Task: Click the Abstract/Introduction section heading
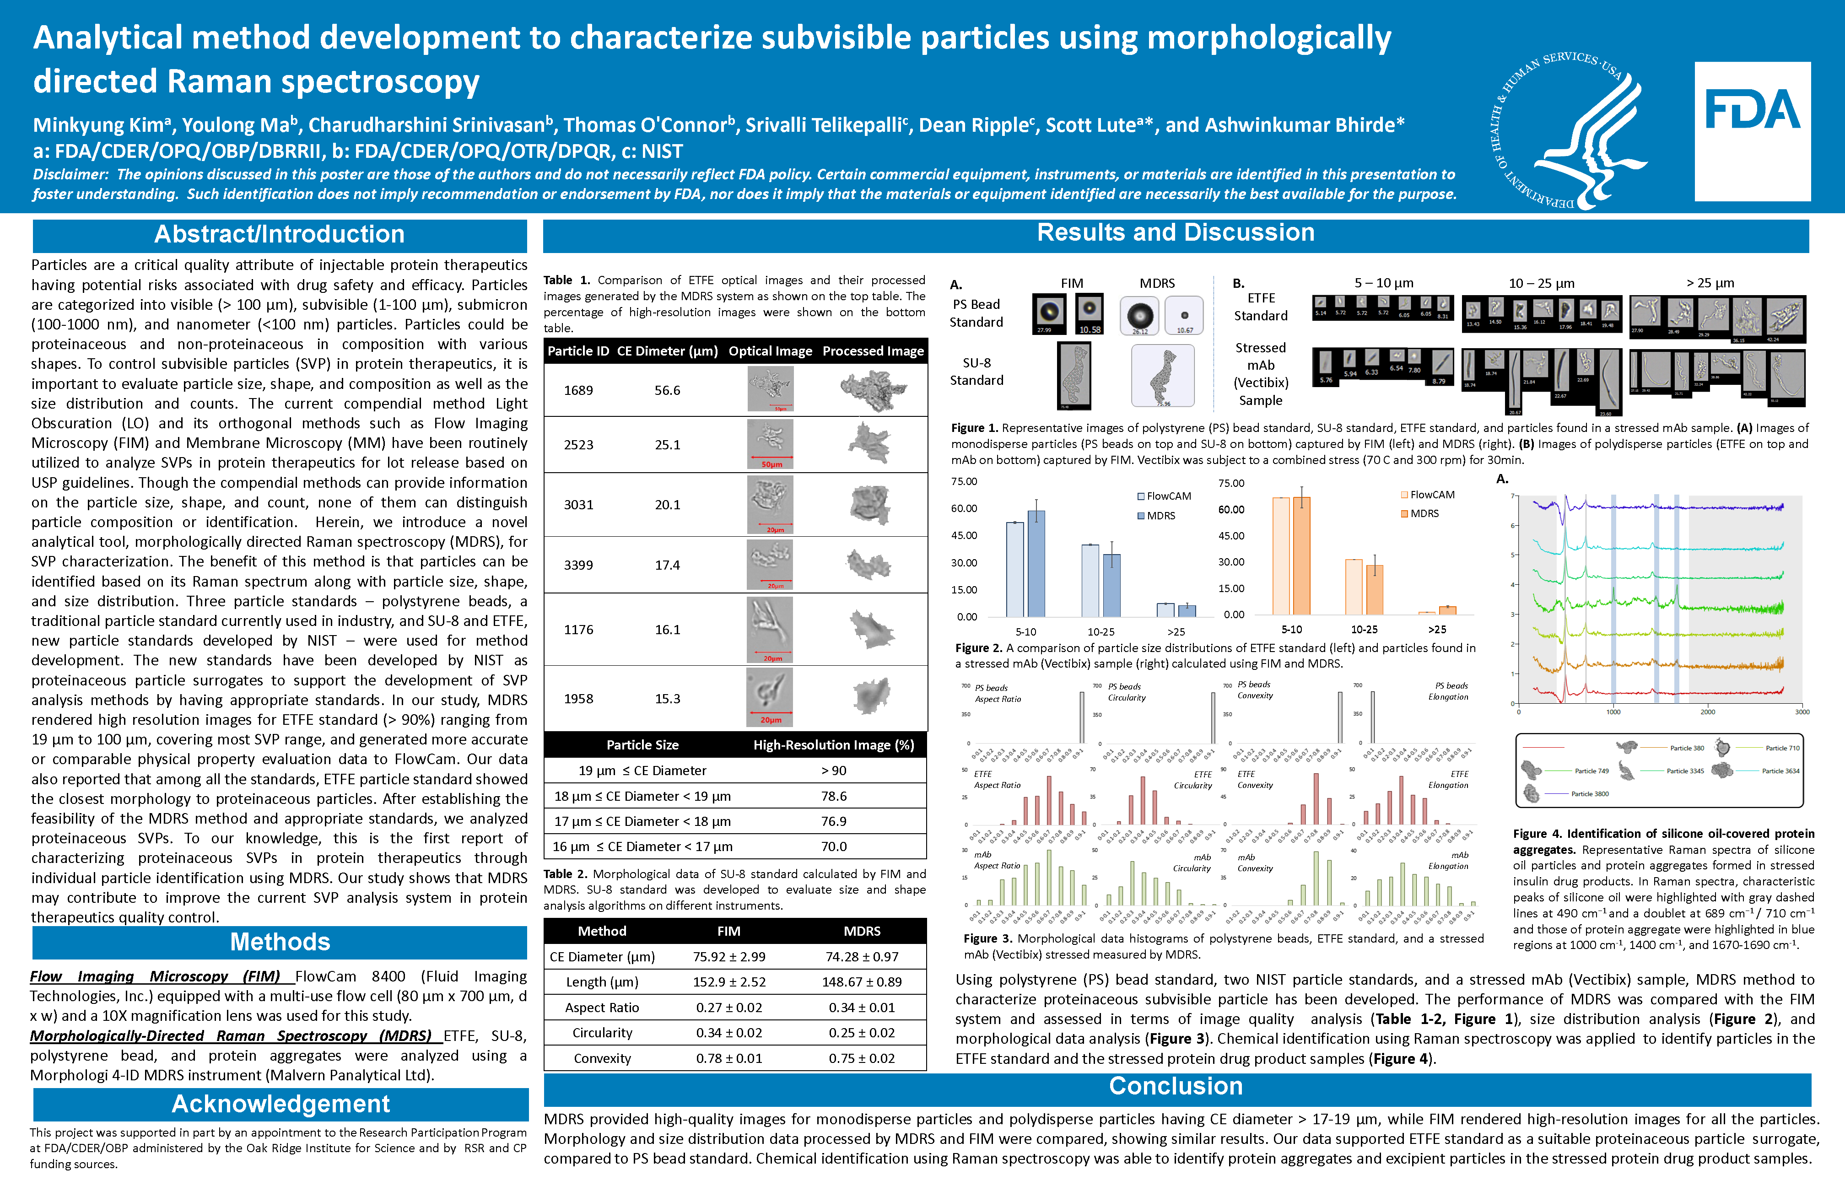click(x=280, y=235)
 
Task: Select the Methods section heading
click(x=280, y=942)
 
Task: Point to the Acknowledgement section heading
click(x=281, y=1104)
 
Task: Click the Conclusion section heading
click(x=1176, y=1086)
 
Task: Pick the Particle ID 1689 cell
click(x=578, y=390)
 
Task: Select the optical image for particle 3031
click(x=770, y=504)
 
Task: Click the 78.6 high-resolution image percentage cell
click(x=834, y=796)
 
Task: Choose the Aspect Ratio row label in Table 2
click(x=602, y=1008)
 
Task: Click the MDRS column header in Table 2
click(x=862, y=931)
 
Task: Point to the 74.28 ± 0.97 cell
click(x=862, y=956)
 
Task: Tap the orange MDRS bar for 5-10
click(x=1301, y=556)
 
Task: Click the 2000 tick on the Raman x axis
click(x=1707, y=712)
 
